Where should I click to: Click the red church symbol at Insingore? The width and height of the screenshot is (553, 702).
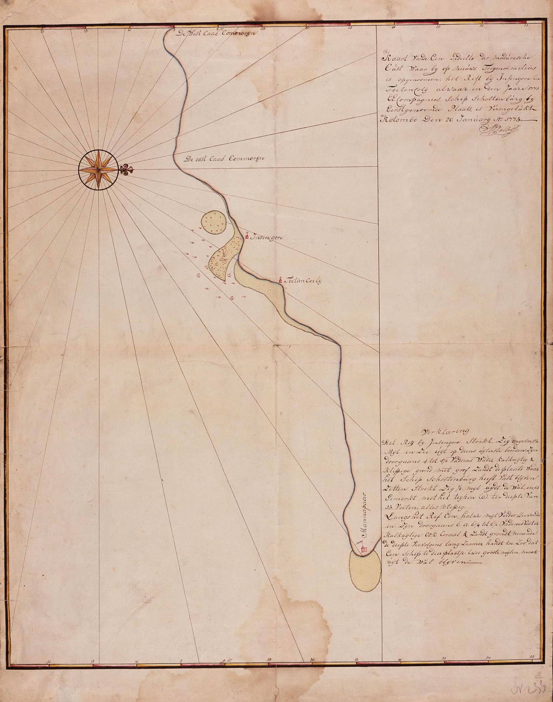coord(247,236)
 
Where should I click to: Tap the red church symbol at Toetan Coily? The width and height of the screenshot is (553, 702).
coord(281,279)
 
